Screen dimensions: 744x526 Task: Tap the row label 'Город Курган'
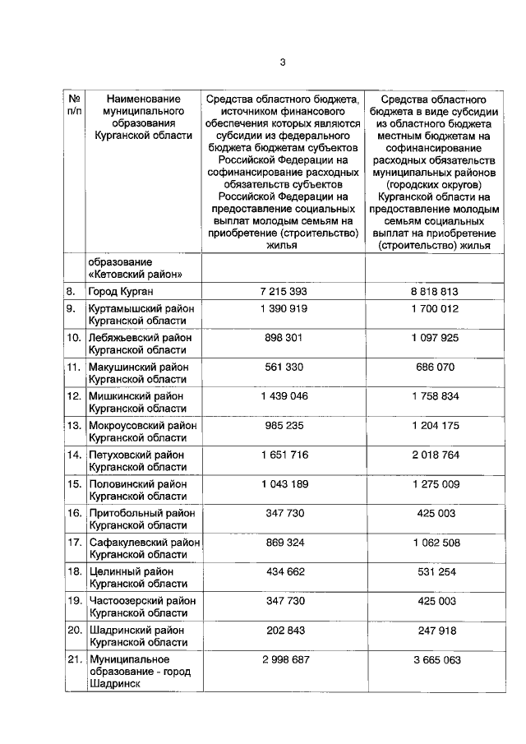[122, 292]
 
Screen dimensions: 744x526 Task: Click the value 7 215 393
[283, 292]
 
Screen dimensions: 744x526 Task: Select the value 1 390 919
[283, 308]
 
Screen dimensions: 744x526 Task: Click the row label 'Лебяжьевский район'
[141, 337]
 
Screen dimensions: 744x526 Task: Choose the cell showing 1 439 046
[283, 395]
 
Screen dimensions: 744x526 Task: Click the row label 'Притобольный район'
[141, 513]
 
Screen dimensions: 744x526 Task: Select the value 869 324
[283, 543]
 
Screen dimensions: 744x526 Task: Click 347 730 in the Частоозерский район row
[283, 601]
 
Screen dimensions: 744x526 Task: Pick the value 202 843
[283, 630]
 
